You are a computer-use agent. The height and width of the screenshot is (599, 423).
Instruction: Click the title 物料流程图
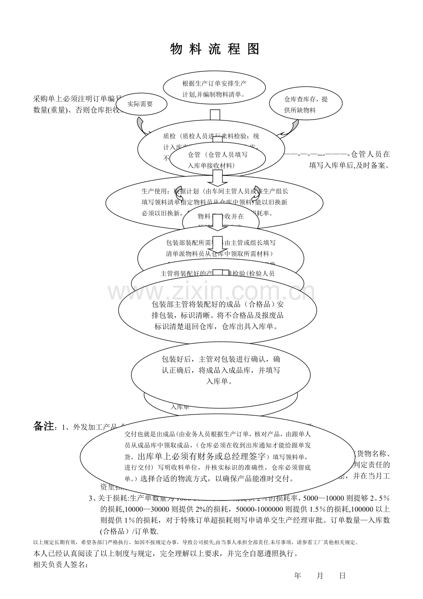click(215, 49)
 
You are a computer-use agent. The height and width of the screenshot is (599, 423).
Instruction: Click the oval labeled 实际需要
click(140, 104)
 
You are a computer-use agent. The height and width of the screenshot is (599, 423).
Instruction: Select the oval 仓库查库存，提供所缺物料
click(306, 105)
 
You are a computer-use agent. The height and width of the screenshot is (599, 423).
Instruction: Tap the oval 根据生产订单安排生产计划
click(214, 89)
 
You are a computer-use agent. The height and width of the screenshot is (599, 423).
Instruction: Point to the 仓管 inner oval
click(217, 160)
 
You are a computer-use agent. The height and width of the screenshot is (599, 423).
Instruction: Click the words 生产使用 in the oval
click(155, 190)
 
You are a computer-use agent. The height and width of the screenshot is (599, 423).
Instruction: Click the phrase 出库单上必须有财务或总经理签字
click(202, 456)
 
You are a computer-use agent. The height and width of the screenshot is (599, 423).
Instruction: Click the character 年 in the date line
click(297, 576)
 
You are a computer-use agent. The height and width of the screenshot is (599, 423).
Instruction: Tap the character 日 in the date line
click(342, 576)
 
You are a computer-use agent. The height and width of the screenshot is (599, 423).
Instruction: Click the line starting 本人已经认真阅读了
click(166, 553)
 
